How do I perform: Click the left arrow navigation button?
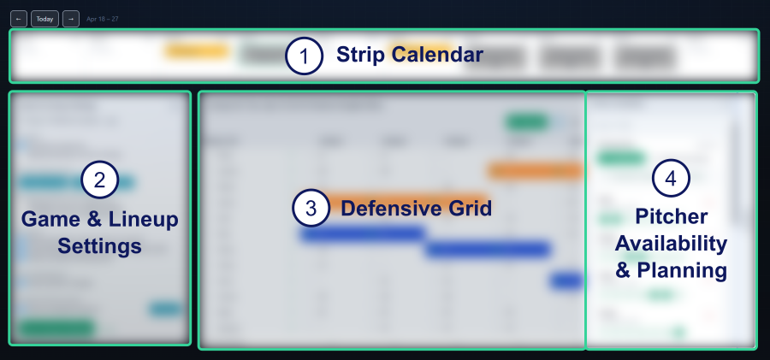tap(19, 18)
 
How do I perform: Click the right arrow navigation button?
tap(71, 18)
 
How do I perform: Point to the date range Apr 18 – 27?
tap(102, 18)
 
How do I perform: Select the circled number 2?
tap(99, 180)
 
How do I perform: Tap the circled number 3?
tap(311, 208)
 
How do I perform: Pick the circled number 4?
tap(671, 178)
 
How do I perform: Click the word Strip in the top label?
tap(359, 56)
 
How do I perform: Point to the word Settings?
tap(99, 247)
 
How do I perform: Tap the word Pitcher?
tap(671, 216)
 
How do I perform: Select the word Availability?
tap(671, 244)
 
